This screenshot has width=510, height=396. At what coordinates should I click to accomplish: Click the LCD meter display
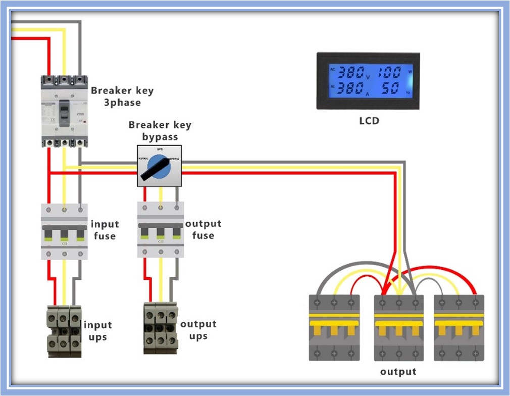pos(368,81)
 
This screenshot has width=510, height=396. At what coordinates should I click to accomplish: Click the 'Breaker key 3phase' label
pos(122,96)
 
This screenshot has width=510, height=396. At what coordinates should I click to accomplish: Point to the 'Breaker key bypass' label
pos(160,130)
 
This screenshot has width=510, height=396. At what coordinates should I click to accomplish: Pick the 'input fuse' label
pos(105,230)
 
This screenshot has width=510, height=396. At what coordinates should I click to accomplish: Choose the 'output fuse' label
pos(203,229)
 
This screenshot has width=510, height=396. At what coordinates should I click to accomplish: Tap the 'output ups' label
pos(198,330)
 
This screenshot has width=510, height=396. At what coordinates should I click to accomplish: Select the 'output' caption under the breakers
pos(398,372)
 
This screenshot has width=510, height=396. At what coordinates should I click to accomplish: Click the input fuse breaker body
pos(64,231)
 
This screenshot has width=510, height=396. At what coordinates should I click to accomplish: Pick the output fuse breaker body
pos(161,231)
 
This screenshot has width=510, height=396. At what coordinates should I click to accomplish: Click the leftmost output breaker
pos(334,327)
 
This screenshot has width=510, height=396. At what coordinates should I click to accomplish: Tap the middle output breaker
pos(399,327)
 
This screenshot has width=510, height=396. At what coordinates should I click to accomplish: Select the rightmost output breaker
pos(459,327)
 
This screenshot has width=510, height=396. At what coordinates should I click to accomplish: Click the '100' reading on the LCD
pos(389,72)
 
